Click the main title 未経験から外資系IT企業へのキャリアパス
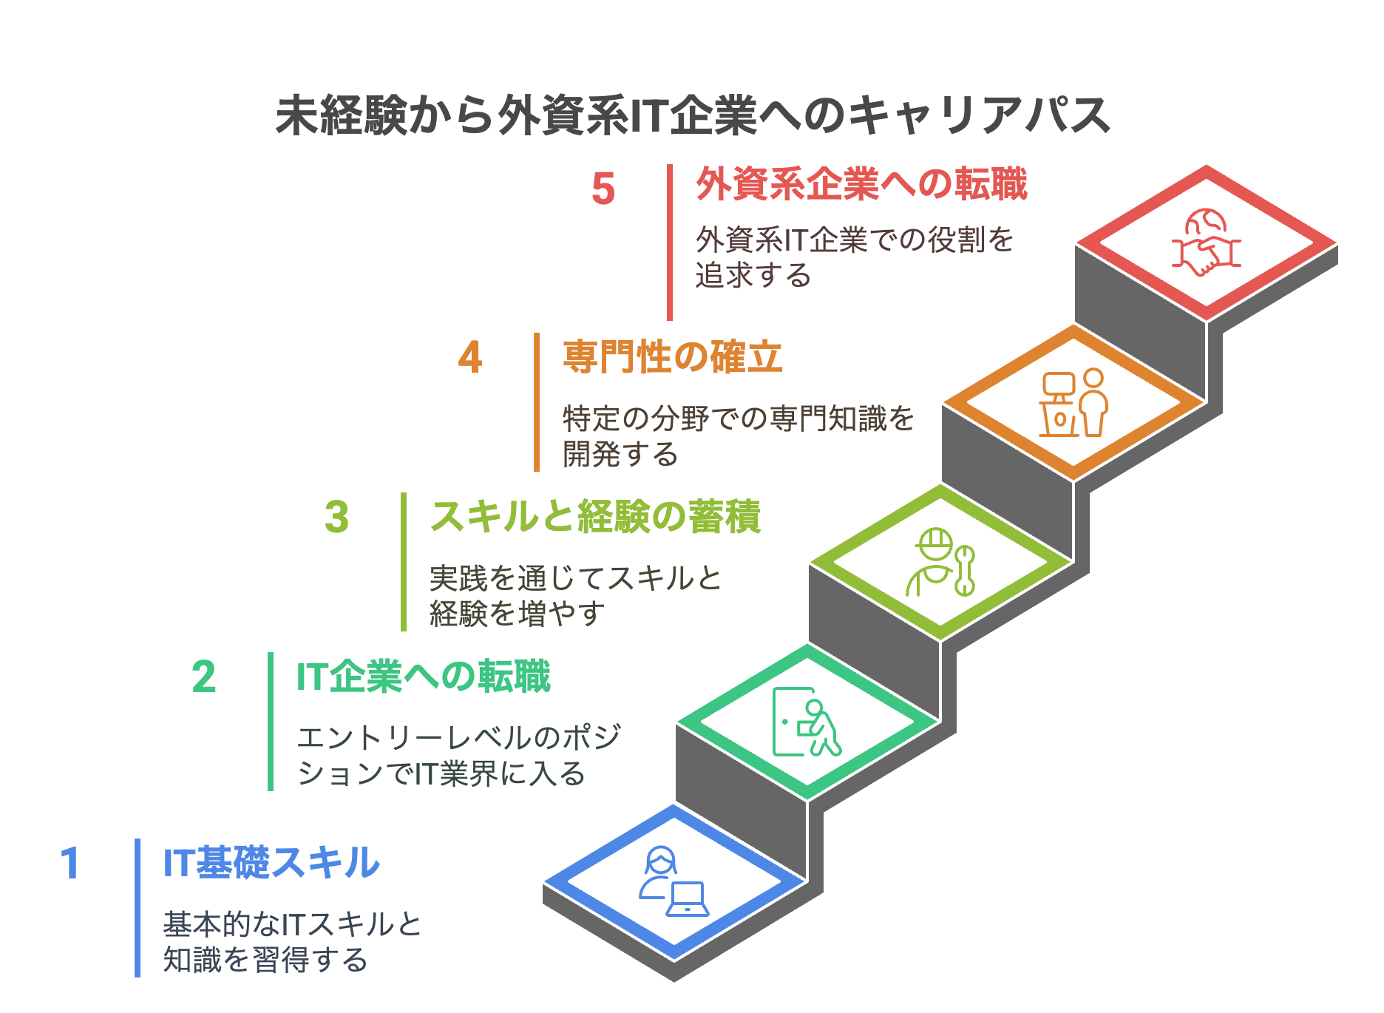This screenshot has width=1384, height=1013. click(693, 115)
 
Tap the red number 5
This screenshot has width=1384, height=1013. click(603, 189)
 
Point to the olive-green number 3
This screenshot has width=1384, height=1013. click(336, 517)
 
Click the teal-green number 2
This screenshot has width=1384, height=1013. click(204, 677)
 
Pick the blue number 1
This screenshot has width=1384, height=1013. click(70, 864)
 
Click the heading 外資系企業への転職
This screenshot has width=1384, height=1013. click(861, 184)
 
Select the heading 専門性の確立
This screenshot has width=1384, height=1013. click(672, 357)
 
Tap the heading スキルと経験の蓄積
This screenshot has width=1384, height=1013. click(595, 517)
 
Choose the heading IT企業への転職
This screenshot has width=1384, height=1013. click(424, 677)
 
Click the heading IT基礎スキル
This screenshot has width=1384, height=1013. click(271, 863)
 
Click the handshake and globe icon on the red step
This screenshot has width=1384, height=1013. click(1207, 243)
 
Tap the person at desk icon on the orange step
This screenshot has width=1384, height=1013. click(1073, 403)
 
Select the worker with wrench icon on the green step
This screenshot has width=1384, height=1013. click(940, 562)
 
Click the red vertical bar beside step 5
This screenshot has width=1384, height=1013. click(670, 243)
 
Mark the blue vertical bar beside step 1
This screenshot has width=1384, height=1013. click(138, 908)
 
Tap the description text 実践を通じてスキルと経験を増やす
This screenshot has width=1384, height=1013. click(576, 596)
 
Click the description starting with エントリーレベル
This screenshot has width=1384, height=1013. click(459, 756)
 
